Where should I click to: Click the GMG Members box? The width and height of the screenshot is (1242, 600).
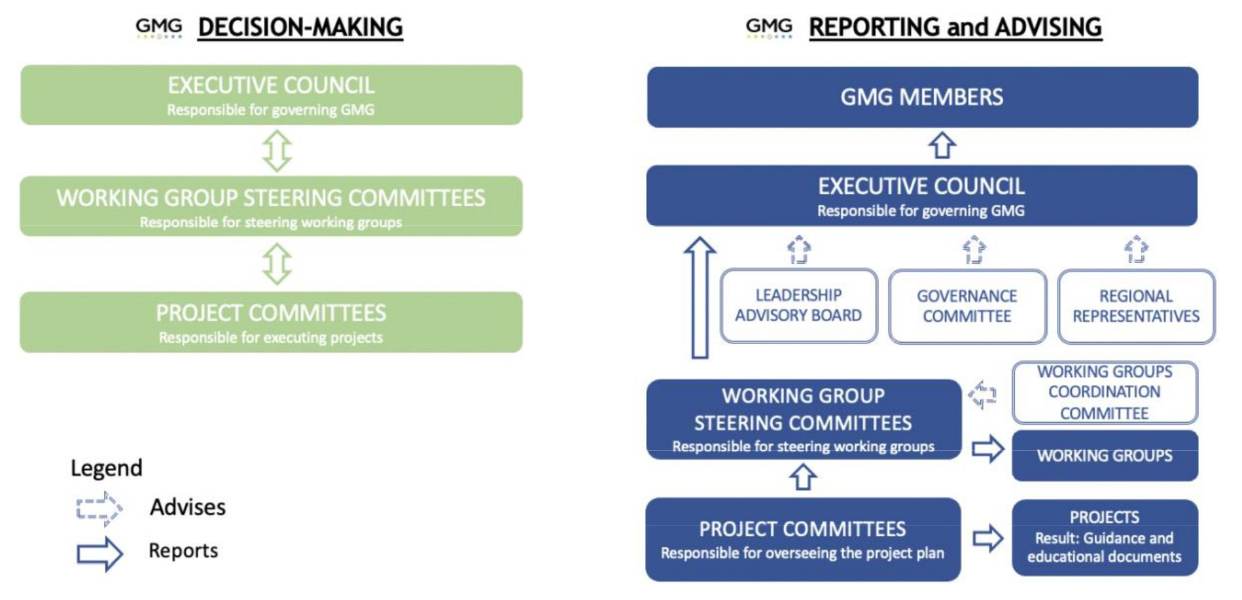point(923,97)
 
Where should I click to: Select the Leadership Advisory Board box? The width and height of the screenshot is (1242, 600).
point(798,306)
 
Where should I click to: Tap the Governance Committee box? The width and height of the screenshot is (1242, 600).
point(967,306)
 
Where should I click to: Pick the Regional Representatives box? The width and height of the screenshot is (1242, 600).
point(1136,306)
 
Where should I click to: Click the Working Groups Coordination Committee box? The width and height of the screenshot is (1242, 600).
point(1105,392)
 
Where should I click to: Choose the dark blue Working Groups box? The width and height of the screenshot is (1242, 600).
point(1105,455)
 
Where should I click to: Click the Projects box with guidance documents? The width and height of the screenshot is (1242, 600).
point(1105,537)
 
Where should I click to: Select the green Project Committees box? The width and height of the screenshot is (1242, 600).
point(271,322)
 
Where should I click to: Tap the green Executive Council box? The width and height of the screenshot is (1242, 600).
point(271,95)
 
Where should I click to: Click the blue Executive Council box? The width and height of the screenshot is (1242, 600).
point(921,196)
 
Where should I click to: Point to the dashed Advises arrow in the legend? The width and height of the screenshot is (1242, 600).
point(99,508)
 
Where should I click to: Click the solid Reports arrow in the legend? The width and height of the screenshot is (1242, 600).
point(99,554)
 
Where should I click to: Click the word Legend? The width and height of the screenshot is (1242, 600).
point(107,468)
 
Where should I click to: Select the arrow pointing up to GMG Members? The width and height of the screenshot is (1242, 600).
point(942,146)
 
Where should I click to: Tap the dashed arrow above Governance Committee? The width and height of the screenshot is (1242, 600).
point(974,249)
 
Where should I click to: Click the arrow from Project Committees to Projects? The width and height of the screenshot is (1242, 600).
point(987,538)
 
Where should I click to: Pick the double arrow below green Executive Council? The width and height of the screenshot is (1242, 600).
point(277,150)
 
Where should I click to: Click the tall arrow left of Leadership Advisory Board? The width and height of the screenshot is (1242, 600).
point(700,298)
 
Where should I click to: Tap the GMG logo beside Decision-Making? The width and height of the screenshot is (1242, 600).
point(159,27)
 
